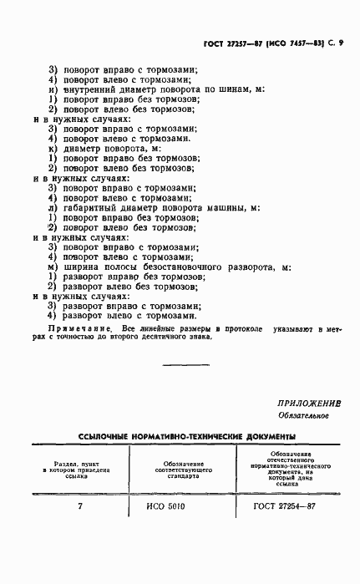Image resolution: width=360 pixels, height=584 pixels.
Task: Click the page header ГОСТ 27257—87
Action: pyautogui.click(x=235, y=43)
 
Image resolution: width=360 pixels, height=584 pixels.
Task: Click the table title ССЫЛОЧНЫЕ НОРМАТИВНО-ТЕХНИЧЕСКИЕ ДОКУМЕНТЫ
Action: pyautogui.click(x=186, y=436)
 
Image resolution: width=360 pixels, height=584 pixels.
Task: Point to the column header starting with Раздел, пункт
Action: pyautogui.click(x=80, y=466)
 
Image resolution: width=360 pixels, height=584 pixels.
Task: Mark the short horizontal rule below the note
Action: pyautogui.click(x=185, y=364)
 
